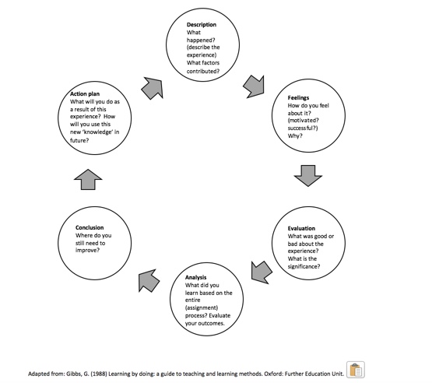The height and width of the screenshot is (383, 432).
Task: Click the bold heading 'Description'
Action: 202,25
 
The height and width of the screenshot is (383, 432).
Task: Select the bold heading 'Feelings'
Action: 298,97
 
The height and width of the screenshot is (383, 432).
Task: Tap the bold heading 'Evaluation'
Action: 301,228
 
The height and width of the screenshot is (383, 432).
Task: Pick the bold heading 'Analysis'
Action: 195,277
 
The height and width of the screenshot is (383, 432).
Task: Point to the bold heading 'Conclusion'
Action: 90,227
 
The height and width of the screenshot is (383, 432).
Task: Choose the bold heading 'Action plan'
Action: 85,93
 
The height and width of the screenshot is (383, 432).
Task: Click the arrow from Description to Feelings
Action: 254,86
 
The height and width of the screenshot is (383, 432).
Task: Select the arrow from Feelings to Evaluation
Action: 308,176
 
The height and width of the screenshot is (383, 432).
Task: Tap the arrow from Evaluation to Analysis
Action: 262,272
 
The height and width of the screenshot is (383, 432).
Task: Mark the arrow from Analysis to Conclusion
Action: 149,280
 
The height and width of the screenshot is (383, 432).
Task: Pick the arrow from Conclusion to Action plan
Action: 88,179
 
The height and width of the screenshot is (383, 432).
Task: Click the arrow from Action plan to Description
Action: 153,88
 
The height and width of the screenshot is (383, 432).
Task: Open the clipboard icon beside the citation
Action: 356,370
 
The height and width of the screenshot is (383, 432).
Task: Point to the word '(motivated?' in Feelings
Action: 303,121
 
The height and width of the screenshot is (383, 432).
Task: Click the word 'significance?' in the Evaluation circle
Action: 304,266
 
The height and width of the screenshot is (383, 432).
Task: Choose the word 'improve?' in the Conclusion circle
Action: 87,250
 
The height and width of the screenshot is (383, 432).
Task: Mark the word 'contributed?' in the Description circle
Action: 203,71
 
